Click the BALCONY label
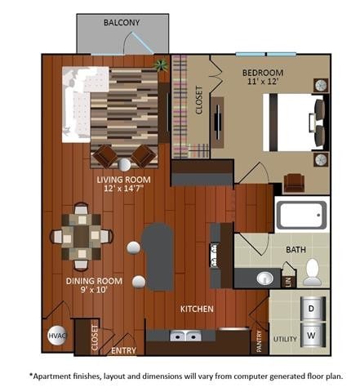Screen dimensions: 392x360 tap(121, 23)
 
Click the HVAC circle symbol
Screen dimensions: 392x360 tap(57, 335)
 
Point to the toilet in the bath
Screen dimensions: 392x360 tap(312, 273)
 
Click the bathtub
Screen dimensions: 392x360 tap(301, 215)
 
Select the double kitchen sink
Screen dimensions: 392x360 tap(185, 335)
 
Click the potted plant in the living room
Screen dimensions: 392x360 tap(161, 65)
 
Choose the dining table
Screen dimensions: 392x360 tap(78, 235)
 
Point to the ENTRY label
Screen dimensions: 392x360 tap(123, 350)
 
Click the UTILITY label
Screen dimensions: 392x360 tap(284, 338)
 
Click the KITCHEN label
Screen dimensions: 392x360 tap(197, 309)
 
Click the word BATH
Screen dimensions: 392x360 tap(296, 250)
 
